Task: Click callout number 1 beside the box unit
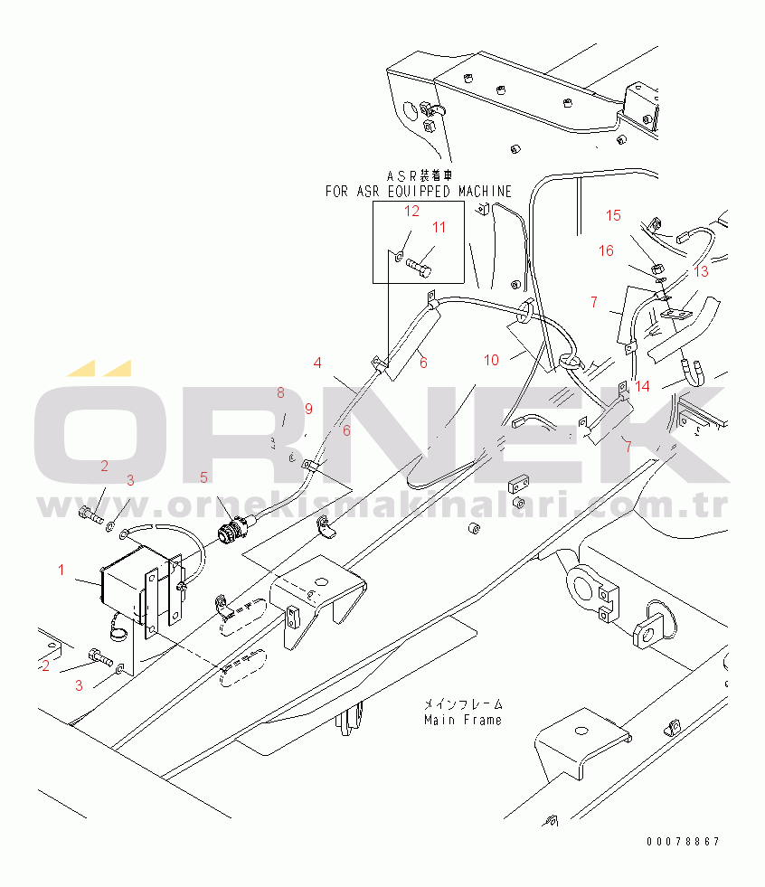click(x=61, y=570)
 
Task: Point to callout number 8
click(x=280, y=392)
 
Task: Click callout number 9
click(x=308, y=409)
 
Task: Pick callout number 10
click(x=491, y=360)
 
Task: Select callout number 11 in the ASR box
click(x=439, y=228)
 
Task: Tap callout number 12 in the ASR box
click(x=411, y=212)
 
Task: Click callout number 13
click(x=702, y=271)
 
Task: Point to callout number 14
click(x=643, y=386)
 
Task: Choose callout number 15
click(x=614, y=215)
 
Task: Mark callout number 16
click(x=606, y=250)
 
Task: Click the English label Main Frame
click(x=463, y=720)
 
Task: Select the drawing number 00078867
click(x=683, y=842)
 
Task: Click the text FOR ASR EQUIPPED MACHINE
click(x=418, y=192)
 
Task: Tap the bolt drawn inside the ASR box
click(x=420, y=266)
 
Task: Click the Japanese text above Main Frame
click(x=463, y=703)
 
